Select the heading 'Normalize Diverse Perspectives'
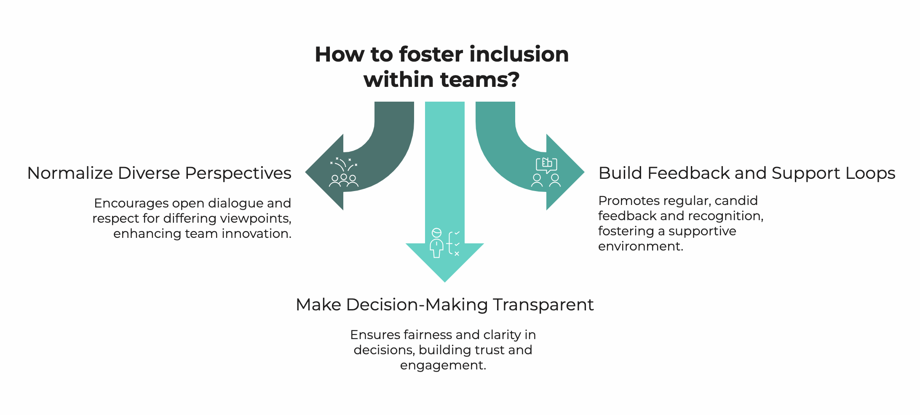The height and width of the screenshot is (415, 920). (159, 173)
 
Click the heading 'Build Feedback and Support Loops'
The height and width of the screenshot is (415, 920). (746, 173)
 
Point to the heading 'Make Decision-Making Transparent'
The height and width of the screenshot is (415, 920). (444, 305)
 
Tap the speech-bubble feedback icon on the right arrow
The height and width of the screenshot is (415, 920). (546, 172)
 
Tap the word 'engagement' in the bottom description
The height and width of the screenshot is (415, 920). (442, 365)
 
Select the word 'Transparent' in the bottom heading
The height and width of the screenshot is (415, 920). (543, 305)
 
